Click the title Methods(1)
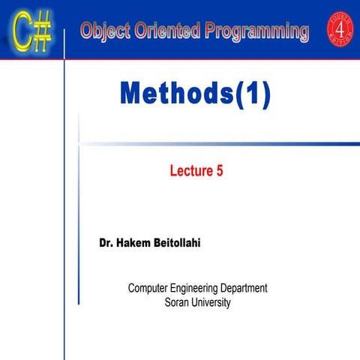(x=194, y=94)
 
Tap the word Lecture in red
(x=191, y=171)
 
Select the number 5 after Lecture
(x=219, y=171)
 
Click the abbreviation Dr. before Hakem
(x=109, y=244)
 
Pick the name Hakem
(x=141, y=244)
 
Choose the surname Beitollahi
(x=192, y=244)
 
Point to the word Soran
(x=177, y=302)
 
